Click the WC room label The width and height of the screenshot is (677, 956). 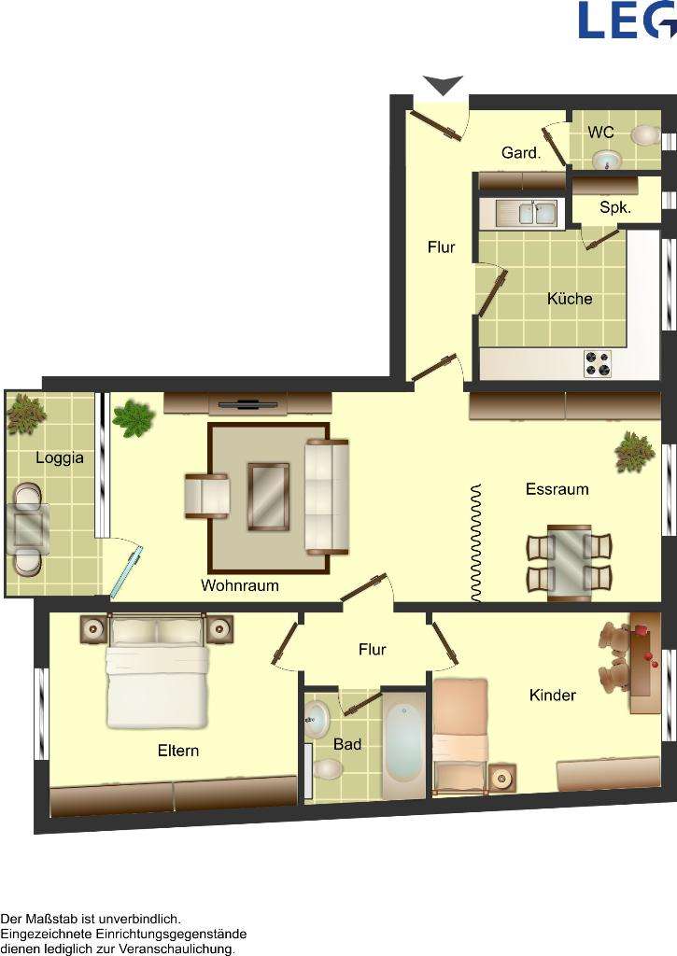tap(600, 134)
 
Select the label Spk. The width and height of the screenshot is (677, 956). tap(614, 208)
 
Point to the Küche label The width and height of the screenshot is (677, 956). tap(570, 299)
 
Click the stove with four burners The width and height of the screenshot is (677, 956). tap(598, 363)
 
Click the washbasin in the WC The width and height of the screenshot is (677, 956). tap(607, 160)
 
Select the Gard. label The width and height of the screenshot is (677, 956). tap(521, 153)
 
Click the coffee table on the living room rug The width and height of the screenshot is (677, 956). tap(268, 496)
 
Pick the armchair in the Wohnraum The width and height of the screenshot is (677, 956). tap(207, 495)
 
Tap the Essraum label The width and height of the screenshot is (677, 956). tap(557, 489)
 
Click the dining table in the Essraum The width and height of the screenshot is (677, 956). tap(569, 561)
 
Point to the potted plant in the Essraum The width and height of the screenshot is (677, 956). tap(635, 452)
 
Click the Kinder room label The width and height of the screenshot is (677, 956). tap(553, 696)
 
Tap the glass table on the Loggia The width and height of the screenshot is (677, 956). tap(28, 529)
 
